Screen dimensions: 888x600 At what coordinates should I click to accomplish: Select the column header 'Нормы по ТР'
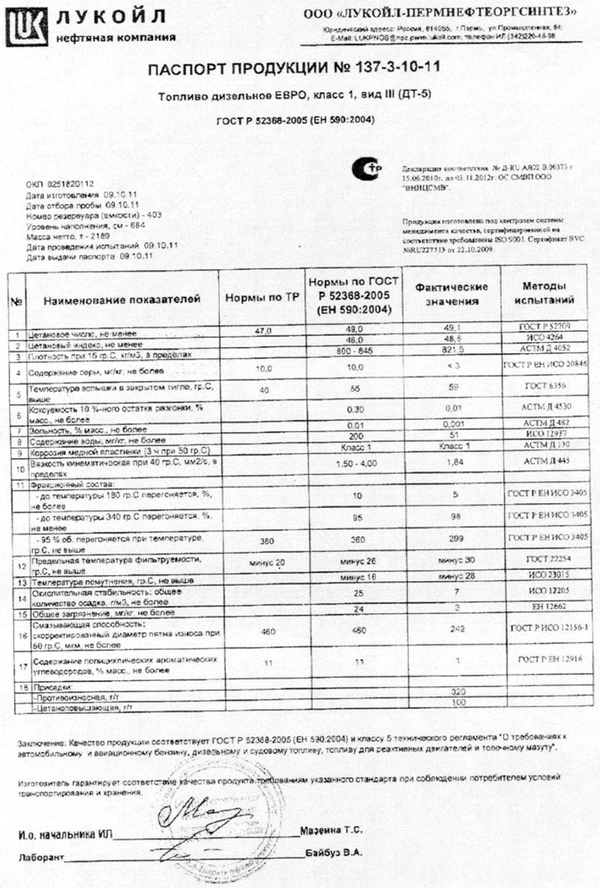click(262, 298)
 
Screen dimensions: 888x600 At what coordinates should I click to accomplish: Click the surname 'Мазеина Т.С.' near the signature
click(333, 830)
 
